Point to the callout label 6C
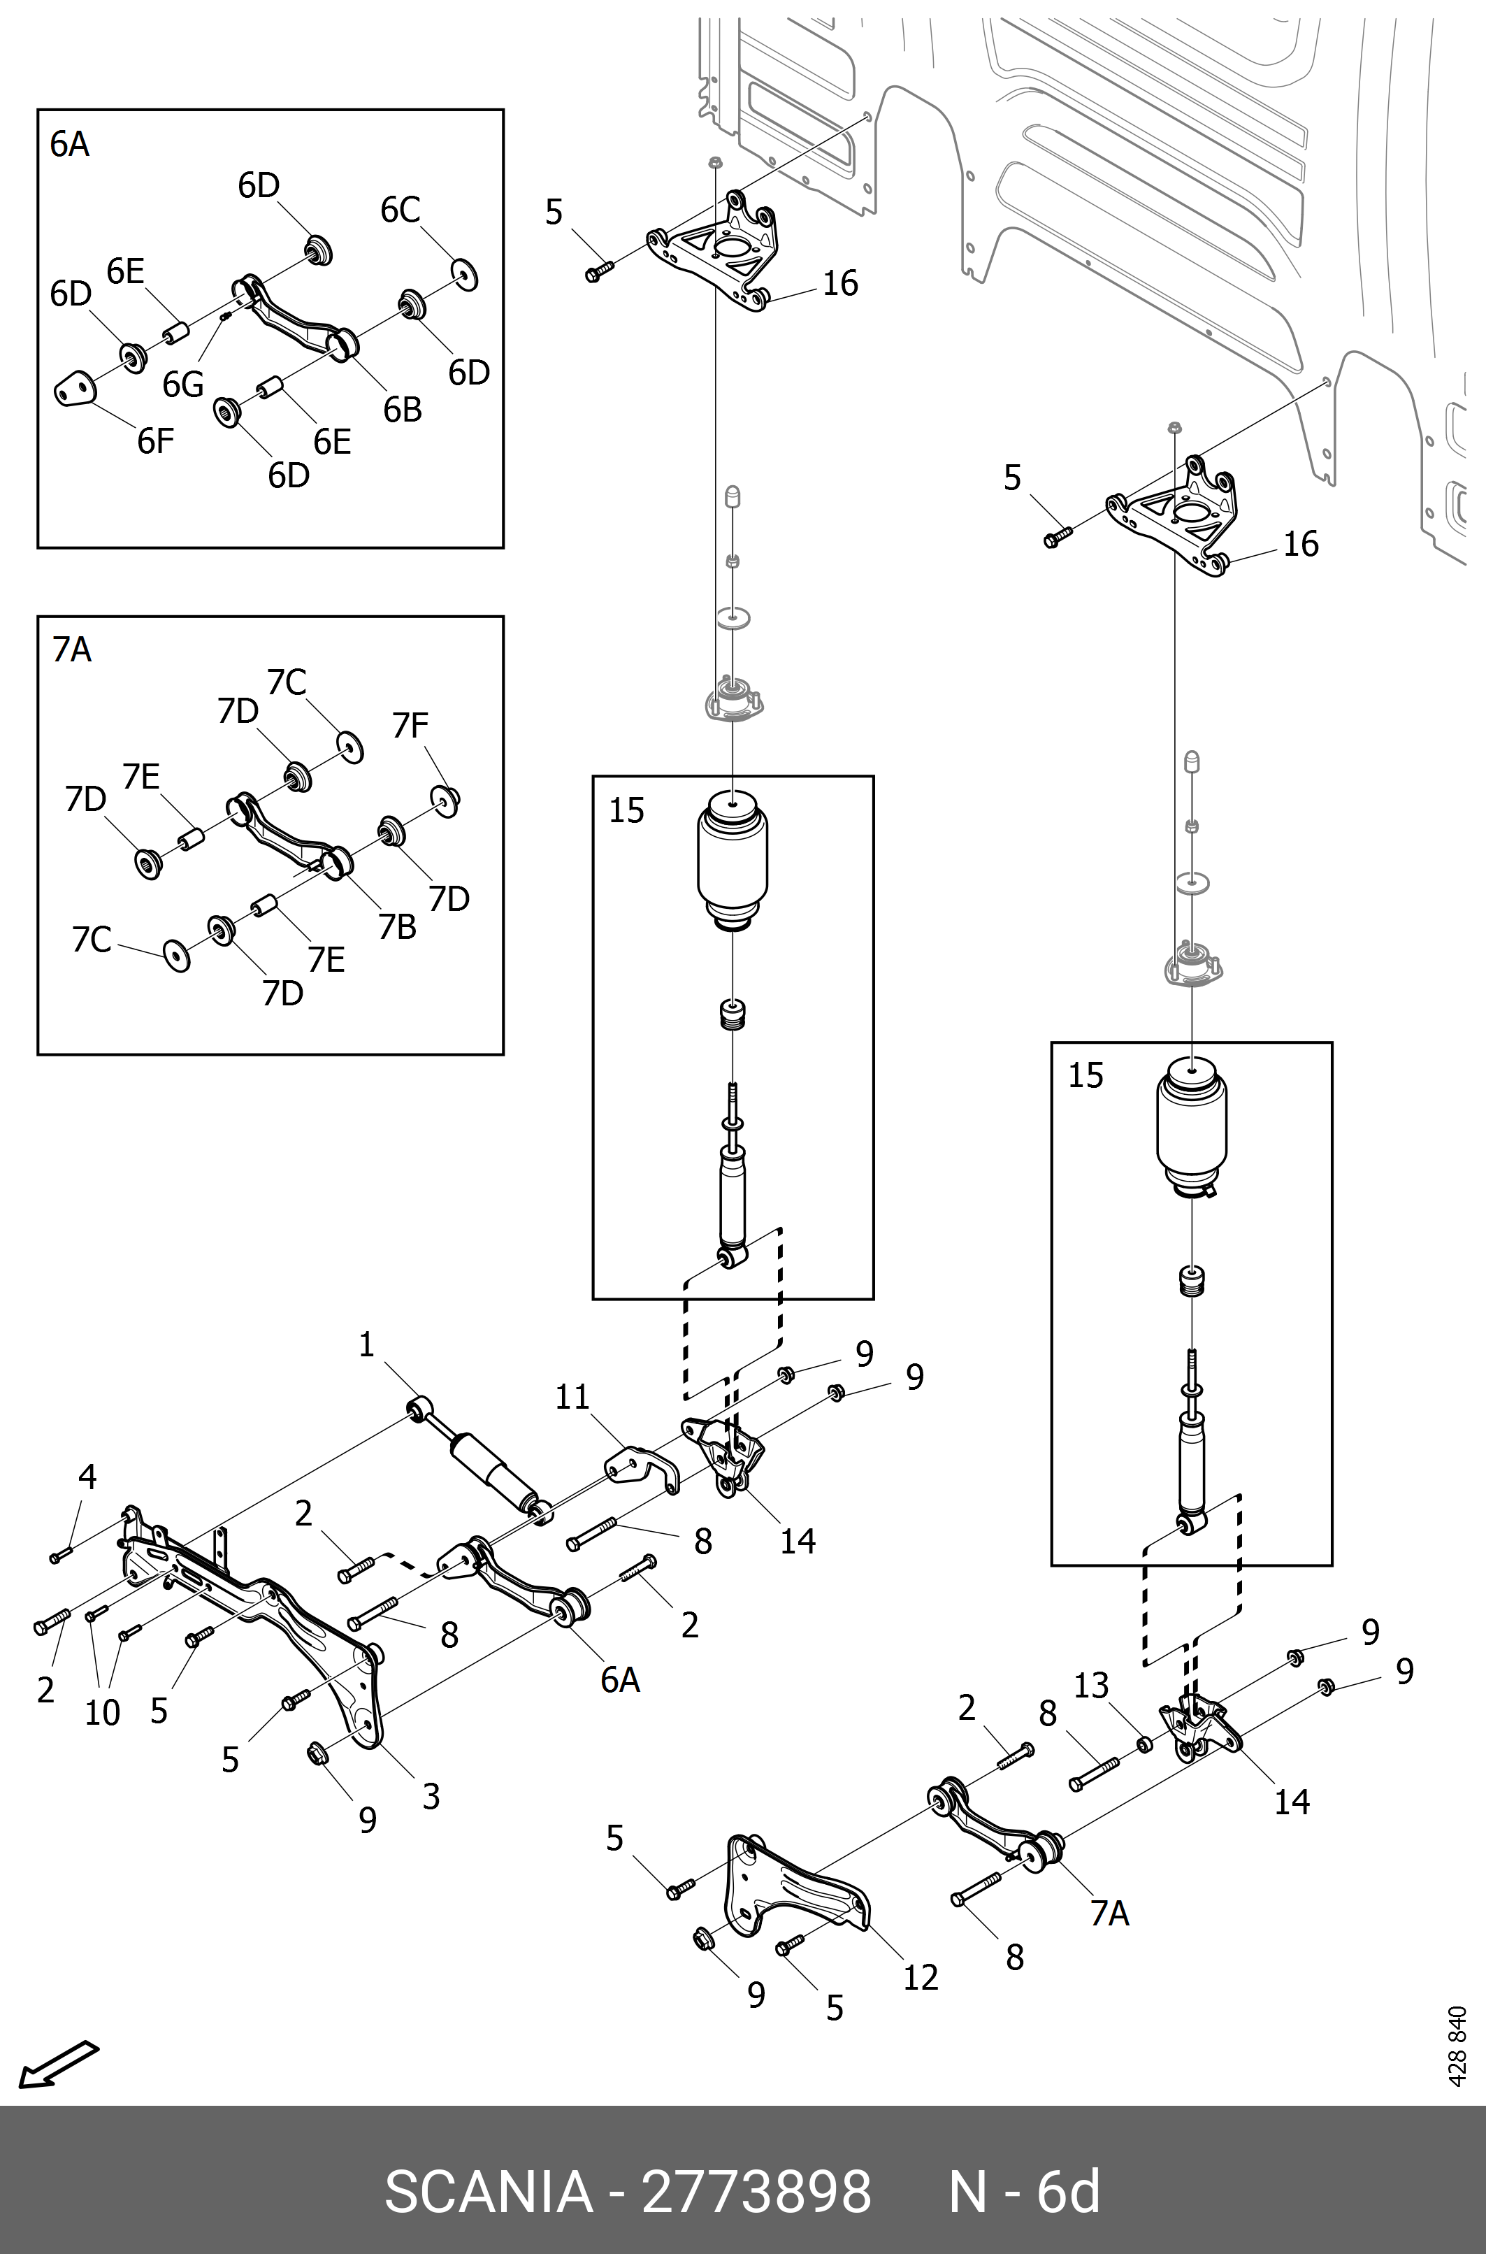400,210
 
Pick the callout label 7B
397,926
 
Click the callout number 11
572,1396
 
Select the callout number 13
1091,1686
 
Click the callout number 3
431,1796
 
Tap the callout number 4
87,1476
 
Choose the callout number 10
102,1713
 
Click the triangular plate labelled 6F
74,389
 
